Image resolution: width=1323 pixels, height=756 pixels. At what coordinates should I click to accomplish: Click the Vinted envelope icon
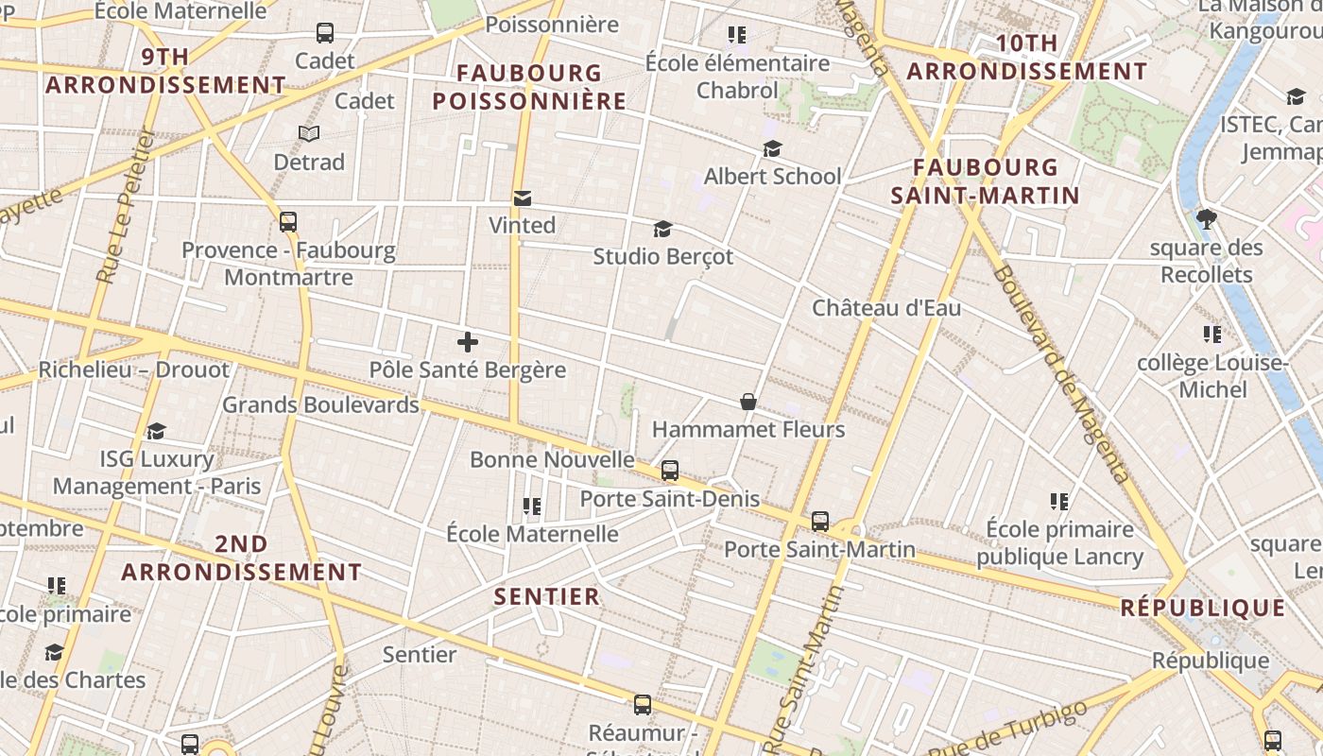point(522,198)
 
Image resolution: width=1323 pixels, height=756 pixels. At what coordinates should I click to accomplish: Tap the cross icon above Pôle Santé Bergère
point(467,342)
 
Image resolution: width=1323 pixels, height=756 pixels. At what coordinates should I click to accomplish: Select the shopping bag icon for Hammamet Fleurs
point(747,402)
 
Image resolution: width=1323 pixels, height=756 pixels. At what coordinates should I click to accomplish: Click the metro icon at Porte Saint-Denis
point(669,470)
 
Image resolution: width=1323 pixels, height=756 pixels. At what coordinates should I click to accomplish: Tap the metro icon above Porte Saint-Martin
point(819,521)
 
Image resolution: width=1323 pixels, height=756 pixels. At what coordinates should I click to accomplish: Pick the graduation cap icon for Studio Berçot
point(662,230)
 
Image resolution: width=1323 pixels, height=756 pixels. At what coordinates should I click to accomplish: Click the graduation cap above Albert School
point(772,149)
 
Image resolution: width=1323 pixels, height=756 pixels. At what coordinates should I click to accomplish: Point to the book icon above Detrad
point(308,134)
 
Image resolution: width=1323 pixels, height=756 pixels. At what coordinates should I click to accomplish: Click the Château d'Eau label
point(886,308)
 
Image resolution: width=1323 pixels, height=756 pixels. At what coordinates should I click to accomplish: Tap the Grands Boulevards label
point(319,405)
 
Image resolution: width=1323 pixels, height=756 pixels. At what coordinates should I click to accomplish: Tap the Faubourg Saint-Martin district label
point(985,181)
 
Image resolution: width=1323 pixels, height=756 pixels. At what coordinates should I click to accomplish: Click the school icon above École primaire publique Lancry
point(1059,501)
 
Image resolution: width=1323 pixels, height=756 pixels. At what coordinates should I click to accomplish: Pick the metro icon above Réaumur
point(643,704)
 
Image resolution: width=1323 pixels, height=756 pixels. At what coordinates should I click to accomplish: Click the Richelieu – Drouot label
point(133,369)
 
